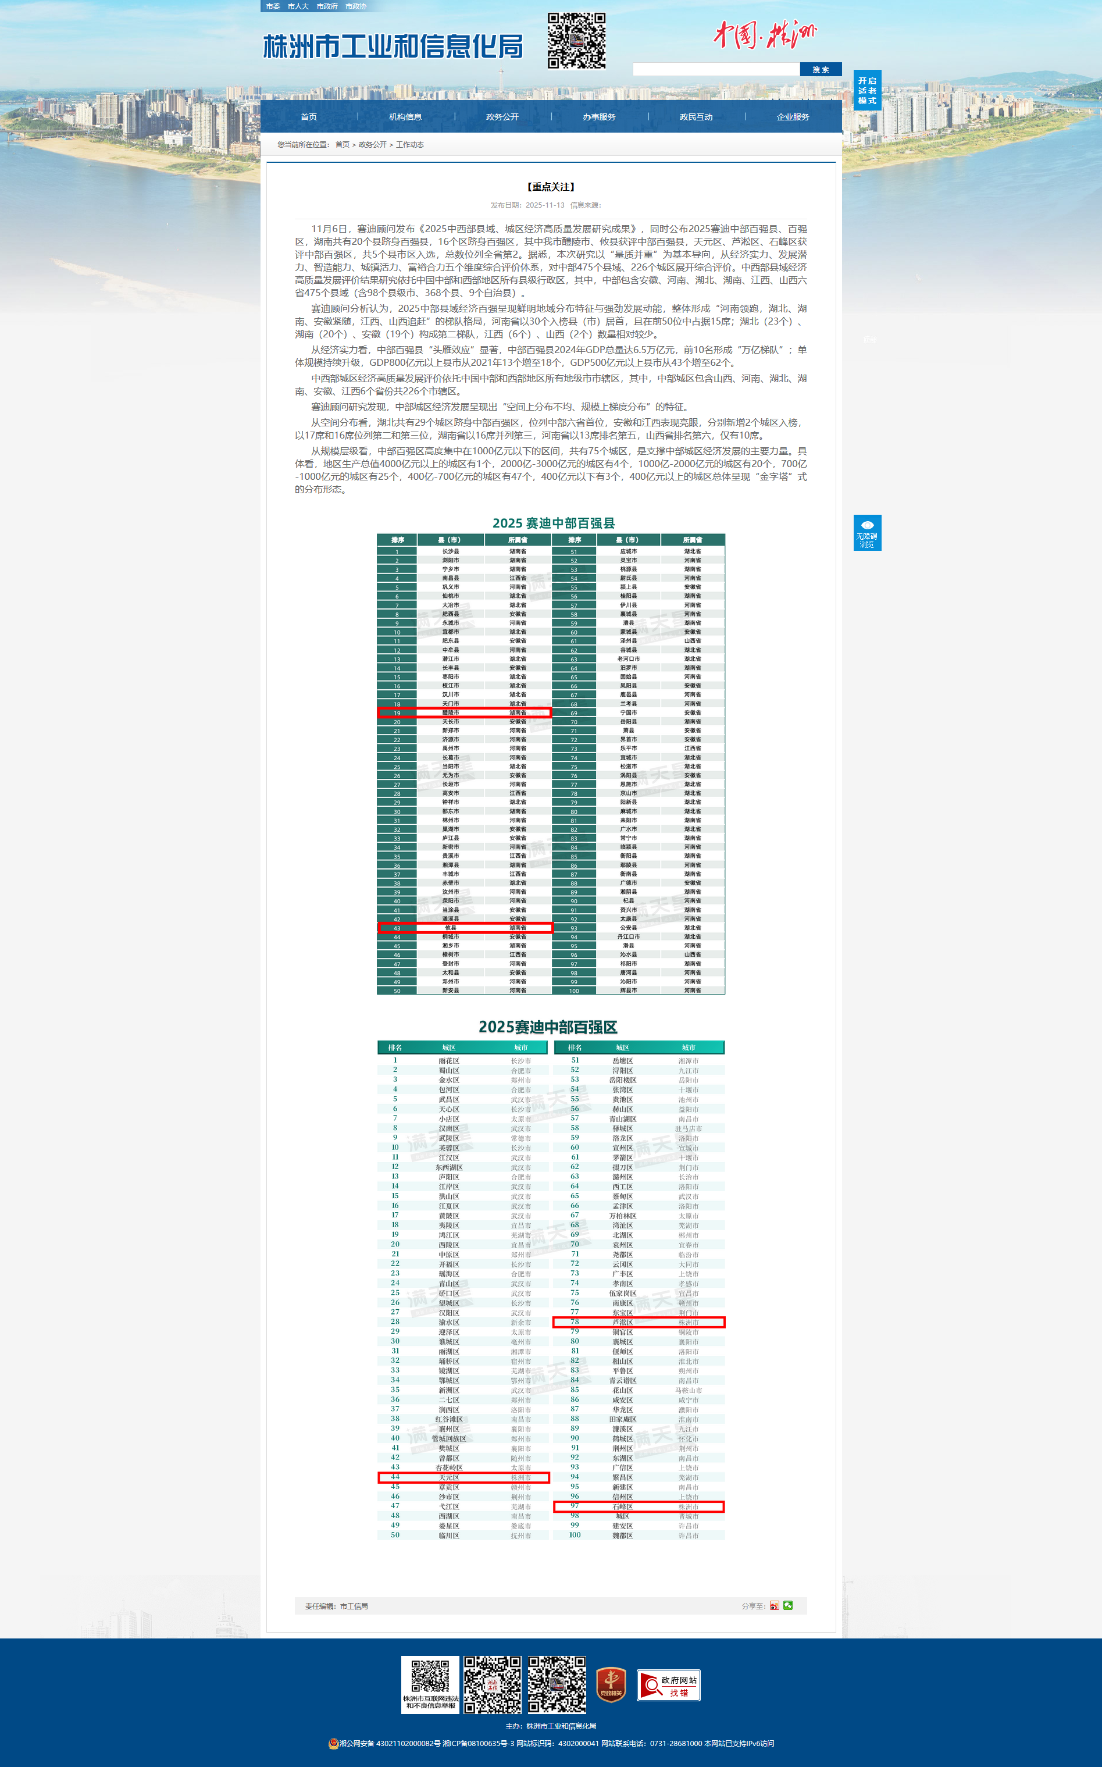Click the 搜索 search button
pos(820,69)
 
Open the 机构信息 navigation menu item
pos(405,117)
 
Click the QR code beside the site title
pos(576,40)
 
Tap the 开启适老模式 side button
pos(866,90)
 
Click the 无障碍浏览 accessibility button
pos(866,533)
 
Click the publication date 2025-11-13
pos(544,205)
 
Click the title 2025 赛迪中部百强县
pos(553,523)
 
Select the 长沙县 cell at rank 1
pos(451,551)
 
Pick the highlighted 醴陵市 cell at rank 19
pos(451,712)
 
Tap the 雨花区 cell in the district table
pos(449,1061)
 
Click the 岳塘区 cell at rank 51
pos(622,1061)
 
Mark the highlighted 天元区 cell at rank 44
pos(449,1477)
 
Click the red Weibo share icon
pos(774,1606)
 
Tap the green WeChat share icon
pos(788,1605)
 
